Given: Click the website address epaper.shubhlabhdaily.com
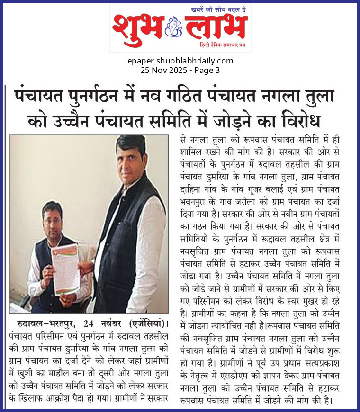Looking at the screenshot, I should click(x=180, y=61).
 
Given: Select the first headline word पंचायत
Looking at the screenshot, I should click(x=38, y=97).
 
